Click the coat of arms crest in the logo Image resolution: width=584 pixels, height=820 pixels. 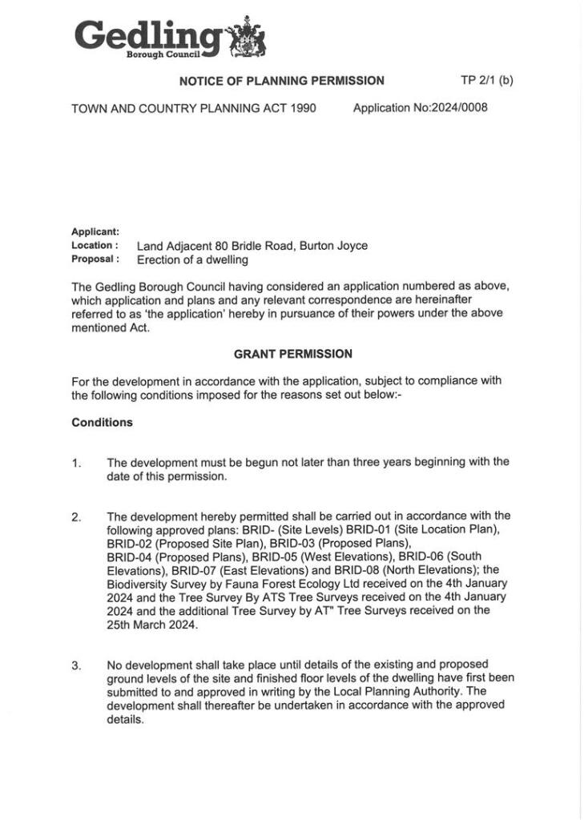[x=247, y=38]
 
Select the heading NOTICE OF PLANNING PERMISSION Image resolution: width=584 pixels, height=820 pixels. [x=281, y=81]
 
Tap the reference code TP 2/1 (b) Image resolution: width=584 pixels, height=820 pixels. [x=486, y=80]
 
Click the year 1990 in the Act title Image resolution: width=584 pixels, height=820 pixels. [x=301, y=108]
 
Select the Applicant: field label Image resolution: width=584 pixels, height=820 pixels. [x=95, y=232]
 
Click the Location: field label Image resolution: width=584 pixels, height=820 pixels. [x=95, y=246]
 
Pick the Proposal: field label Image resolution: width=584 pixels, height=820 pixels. [x=95, y=259]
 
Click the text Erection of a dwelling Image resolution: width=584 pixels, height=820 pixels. [x=192, y=259]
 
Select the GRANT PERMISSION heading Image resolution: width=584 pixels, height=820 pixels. [x=292, y=354]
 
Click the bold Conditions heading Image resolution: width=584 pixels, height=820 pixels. [x=102, y=423]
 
